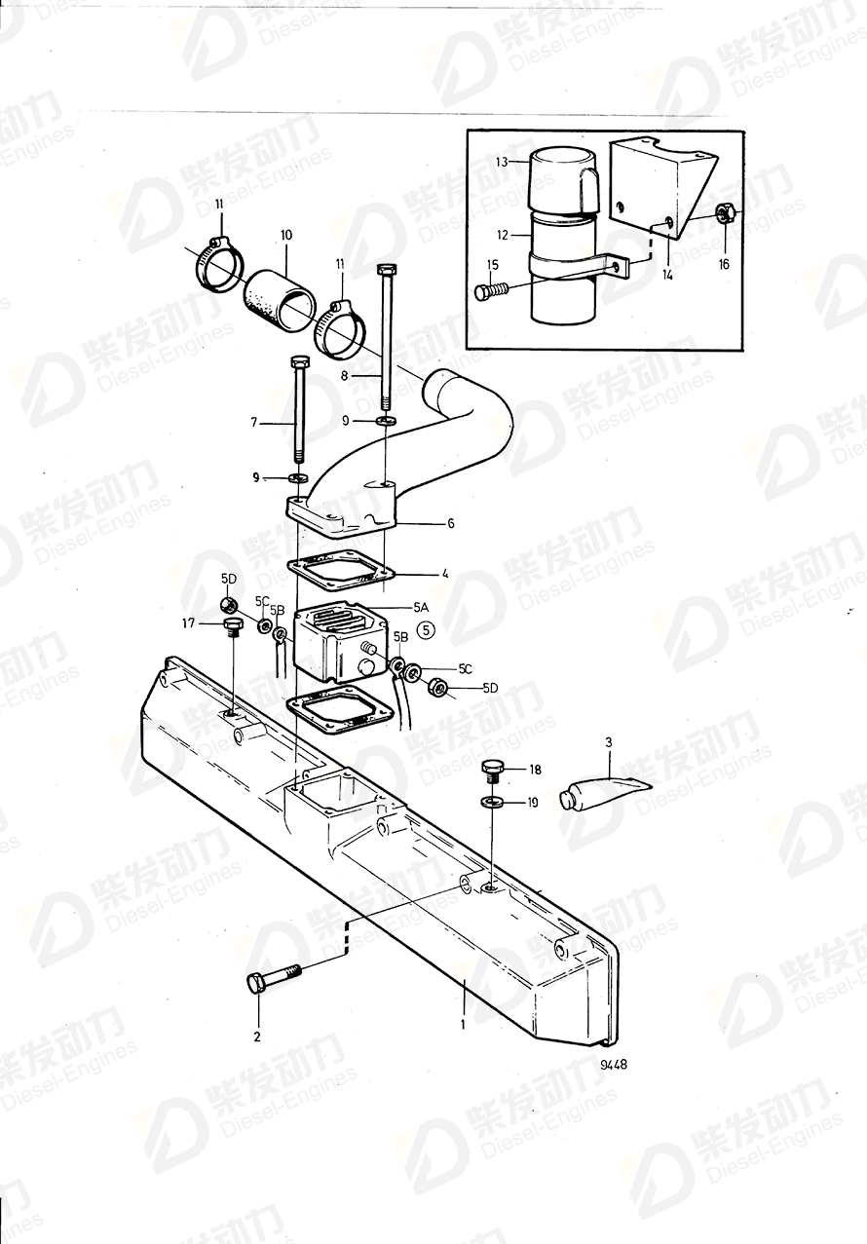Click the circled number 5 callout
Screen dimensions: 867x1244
427,629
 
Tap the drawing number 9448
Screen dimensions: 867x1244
614,1064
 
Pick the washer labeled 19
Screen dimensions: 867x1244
492,802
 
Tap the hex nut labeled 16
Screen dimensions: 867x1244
724,212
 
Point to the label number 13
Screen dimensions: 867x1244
502,162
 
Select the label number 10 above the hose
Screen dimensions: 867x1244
285,236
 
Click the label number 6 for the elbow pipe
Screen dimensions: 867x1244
451,523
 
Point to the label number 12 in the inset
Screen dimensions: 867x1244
502,236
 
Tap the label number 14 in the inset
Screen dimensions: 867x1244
667,275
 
